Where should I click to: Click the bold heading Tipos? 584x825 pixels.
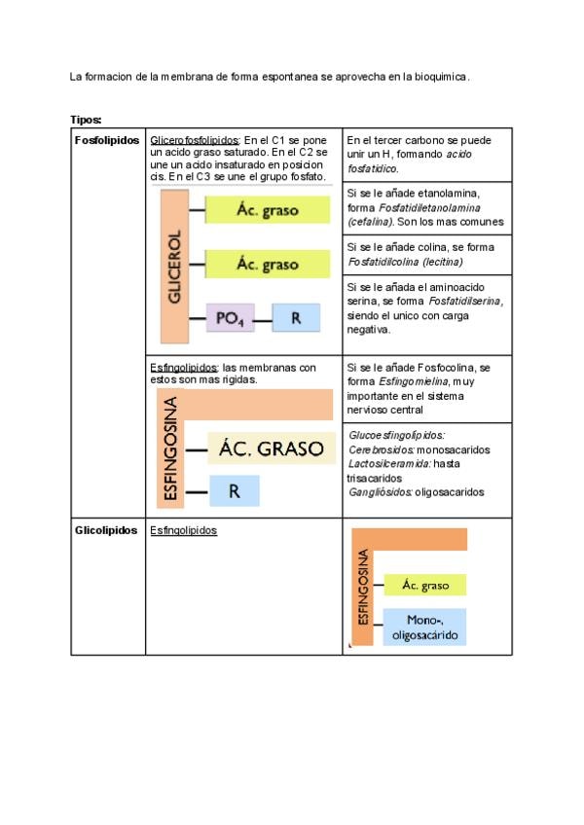[86, 120]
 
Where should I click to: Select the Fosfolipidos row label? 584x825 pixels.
[106, 141]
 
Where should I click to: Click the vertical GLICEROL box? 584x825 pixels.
[174, 267]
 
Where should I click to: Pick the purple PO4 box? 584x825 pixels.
[230, 318]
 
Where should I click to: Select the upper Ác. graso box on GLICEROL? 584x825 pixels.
[266, 209]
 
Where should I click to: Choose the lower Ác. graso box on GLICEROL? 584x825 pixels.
[266, 264]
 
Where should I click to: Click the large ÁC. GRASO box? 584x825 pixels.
[271, 448]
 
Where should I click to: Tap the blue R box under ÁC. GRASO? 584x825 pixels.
[235, 491]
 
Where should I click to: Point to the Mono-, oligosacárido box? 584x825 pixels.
[424, 628]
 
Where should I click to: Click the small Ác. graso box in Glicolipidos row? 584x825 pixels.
[424, 585]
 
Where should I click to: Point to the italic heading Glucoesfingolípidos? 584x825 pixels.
[396, 436]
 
